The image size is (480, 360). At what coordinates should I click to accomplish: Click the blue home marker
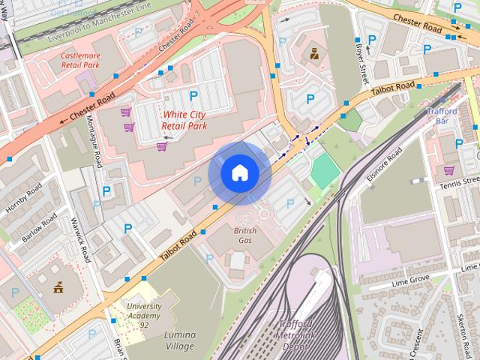(239, 172)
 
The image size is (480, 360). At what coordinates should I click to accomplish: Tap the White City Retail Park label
(184, 120)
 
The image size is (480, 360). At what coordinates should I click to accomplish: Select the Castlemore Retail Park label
(79, 60)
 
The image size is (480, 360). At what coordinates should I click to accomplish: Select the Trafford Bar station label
(447, 115)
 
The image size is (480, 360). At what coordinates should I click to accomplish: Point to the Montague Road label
(94, 142)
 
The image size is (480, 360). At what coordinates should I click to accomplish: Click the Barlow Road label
(39, 227)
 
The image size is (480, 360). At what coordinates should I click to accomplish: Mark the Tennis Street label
(459, 182)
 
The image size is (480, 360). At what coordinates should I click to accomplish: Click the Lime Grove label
(409, 281)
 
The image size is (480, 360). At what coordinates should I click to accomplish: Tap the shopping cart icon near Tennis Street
(448, 169)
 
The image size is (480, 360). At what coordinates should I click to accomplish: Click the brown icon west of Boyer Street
(315, 53)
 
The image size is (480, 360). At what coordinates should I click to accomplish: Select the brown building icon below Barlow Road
(58, 286)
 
